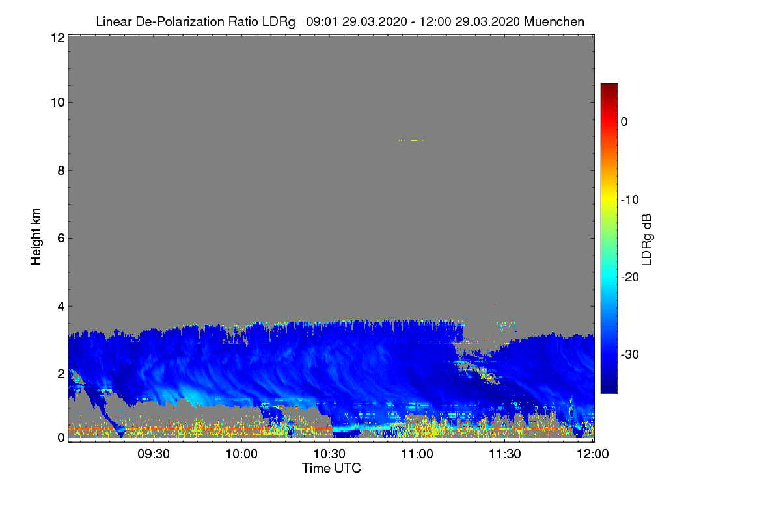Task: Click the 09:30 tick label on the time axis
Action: click(154, 454)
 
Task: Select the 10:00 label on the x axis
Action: click(241, 454)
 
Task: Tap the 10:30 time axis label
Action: click(329, 454)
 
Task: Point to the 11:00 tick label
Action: click(417, 454)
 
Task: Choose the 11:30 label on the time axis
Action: click(505, 454)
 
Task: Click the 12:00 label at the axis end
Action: click(593, 454)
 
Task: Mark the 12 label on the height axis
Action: click(58, 38)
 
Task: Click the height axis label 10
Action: click(58, 103)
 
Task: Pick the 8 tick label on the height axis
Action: click(61, 171)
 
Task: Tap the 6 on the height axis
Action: click(61, 239)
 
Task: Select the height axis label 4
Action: click(61, 307)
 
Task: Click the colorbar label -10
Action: click(630, 200)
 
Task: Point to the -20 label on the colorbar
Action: click(630, 278)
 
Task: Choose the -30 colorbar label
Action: click(630, 354)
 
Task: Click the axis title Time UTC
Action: click(331, 468)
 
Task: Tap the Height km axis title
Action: click(36, 237)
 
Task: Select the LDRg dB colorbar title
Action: click(647, 240)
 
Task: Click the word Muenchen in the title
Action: click(554, 21)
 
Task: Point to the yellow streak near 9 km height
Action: click(414, 140)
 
